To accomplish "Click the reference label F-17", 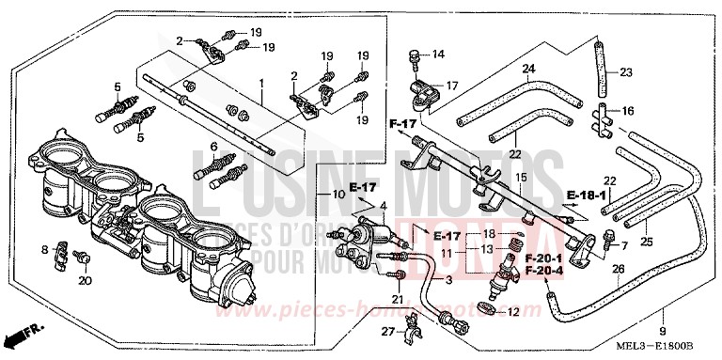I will [402, 123].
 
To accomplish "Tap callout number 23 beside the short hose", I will [626, 71].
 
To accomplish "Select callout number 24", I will [529, 69].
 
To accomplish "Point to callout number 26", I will [618, 269].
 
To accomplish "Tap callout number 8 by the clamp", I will [43, 249].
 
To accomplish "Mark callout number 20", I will [85, 279].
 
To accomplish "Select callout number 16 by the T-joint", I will [628, 110].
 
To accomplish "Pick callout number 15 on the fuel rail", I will [519, 178].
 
